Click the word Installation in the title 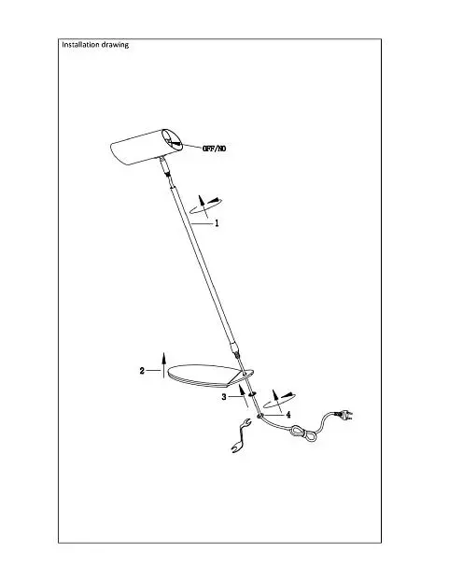point(80,45)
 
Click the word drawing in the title point(115,45)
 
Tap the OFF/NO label point(214,149)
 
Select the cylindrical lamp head point(147,147)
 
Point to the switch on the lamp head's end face point(173,141)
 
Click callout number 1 point(217,223)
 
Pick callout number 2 point(142,371)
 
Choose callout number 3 point(224,397)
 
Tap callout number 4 point(288,415)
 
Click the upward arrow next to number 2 point(163,365)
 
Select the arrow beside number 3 point(244,396)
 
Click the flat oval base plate point(207,376)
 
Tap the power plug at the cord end point(344,415)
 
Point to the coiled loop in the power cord point(304,433)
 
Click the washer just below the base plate point(252,393)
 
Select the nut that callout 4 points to point(260,415)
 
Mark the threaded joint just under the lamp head point(166,170)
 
